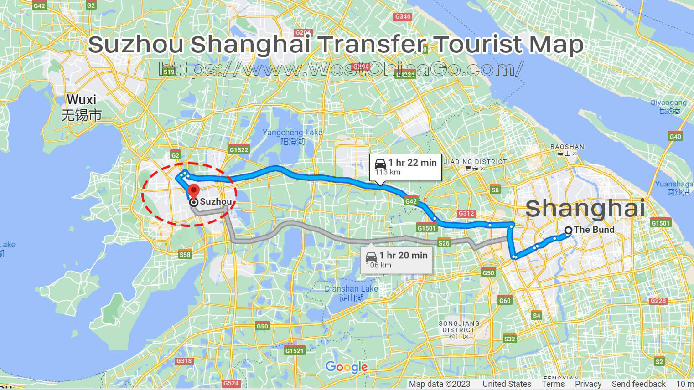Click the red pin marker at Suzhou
(x=194, y=191)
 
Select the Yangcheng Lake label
(x=292, y=137)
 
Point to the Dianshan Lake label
(x=351, y=293)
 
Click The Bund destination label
(x=594, y=230)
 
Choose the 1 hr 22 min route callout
(x=405, y=167)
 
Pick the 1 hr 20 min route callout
(x=396, y=260)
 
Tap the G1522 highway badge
(x=239, y=149)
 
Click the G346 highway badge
(x=403, y=16)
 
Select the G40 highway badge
(x=675, y=136)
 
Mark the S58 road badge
(x=185, y=255)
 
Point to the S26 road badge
(x=444, y=243)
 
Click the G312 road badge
(x=466, y=213)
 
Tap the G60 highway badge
(x=505, y=300)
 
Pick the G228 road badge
(x=658, y=301)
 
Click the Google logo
(x=347, y=367)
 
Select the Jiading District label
(x=475, y=165)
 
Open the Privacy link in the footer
(x=588, y=384)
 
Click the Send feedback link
(x=638, y=384)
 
